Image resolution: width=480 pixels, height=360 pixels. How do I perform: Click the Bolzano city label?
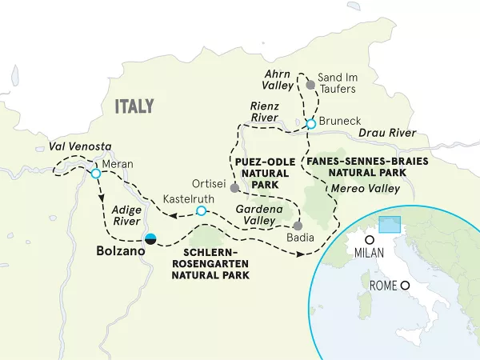click(121, 251)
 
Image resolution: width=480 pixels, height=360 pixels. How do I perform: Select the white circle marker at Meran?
click(96, 174)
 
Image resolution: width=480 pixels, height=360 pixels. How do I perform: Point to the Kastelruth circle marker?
click(202, 211)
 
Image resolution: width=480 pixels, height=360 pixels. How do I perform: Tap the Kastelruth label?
click(187, 198)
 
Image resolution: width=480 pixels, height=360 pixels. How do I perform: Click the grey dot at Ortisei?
click(234, 188)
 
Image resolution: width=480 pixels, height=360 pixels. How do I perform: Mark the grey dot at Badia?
click(298, 225)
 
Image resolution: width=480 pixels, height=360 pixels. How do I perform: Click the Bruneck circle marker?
click(311, 123)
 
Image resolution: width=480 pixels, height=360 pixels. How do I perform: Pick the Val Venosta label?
click(80, 146)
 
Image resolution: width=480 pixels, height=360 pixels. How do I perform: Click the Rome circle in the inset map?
click(406, 286)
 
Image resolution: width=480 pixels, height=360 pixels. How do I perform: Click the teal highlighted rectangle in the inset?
click(390, 225)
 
